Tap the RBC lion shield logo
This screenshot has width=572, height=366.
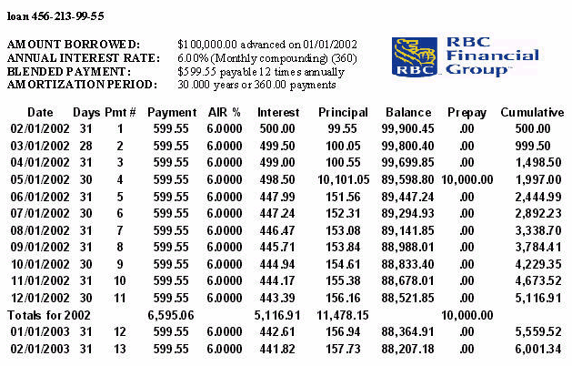(x=413, y=56)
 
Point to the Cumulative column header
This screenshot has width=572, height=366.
(x=532, y=112)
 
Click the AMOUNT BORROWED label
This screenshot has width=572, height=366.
(x=74, y=44)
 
